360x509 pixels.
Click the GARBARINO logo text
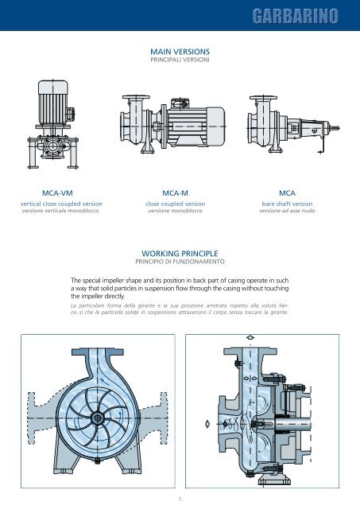tap(295, 16)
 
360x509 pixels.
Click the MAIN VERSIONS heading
tap(180, 52)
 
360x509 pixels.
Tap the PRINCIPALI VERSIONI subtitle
tap(180, 60)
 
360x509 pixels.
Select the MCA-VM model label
tap(57, 193)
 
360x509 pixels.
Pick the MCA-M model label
tap(175, 193)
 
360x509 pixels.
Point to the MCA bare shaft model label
tap(287, 193)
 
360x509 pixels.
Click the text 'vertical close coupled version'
tap(61, 204)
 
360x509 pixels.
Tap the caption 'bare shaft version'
tap(287, 204)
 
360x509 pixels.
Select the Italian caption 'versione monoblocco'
tap(175, 211)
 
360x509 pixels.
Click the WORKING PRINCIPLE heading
tap(180, 254)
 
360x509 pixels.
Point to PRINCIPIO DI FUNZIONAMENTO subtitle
tap(180, 262)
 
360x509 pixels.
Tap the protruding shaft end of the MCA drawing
tap(335, 128)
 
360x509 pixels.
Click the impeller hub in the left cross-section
tap(97, 418)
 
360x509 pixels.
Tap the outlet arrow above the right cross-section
tap(250, 337)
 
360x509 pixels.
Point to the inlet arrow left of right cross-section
tap(207, 424)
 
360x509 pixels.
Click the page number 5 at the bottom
tap(180, 499)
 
